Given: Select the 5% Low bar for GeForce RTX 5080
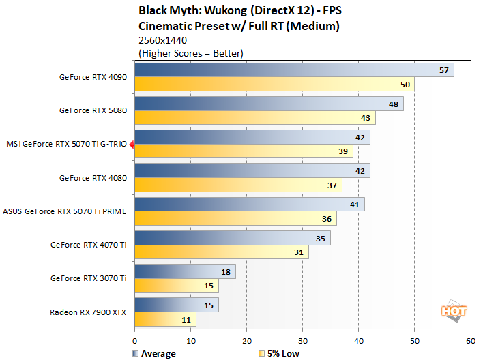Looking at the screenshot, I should click(255, 118).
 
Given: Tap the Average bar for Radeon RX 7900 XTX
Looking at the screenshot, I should click(177, 305).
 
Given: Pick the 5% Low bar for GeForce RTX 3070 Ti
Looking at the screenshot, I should click(177, 286).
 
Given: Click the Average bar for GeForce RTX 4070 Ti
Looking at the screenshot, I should click(233, 238).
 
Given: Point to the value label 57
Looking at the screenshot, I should click(444, 70).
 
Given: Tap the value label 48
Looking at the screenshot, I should click(394, 104).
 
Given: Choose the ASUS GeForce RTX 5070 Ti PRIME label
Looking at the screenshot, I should click(65, 211).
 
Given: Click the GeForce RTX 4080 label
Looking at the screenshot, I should click(93, 178).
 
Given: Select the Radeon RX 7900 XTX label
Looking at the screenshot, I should click(88, 312).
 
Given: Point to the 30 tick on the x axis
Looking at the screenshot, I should click(302, 340).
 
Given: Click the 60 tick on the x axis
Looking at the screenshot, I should click(470, 340).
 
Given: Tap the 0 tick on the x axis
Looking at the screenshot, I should click(135, 340).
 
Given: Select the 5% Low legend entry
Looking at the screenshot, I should click(280, 353).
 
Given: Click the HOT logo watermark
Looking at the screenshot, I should click(454, 310).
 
